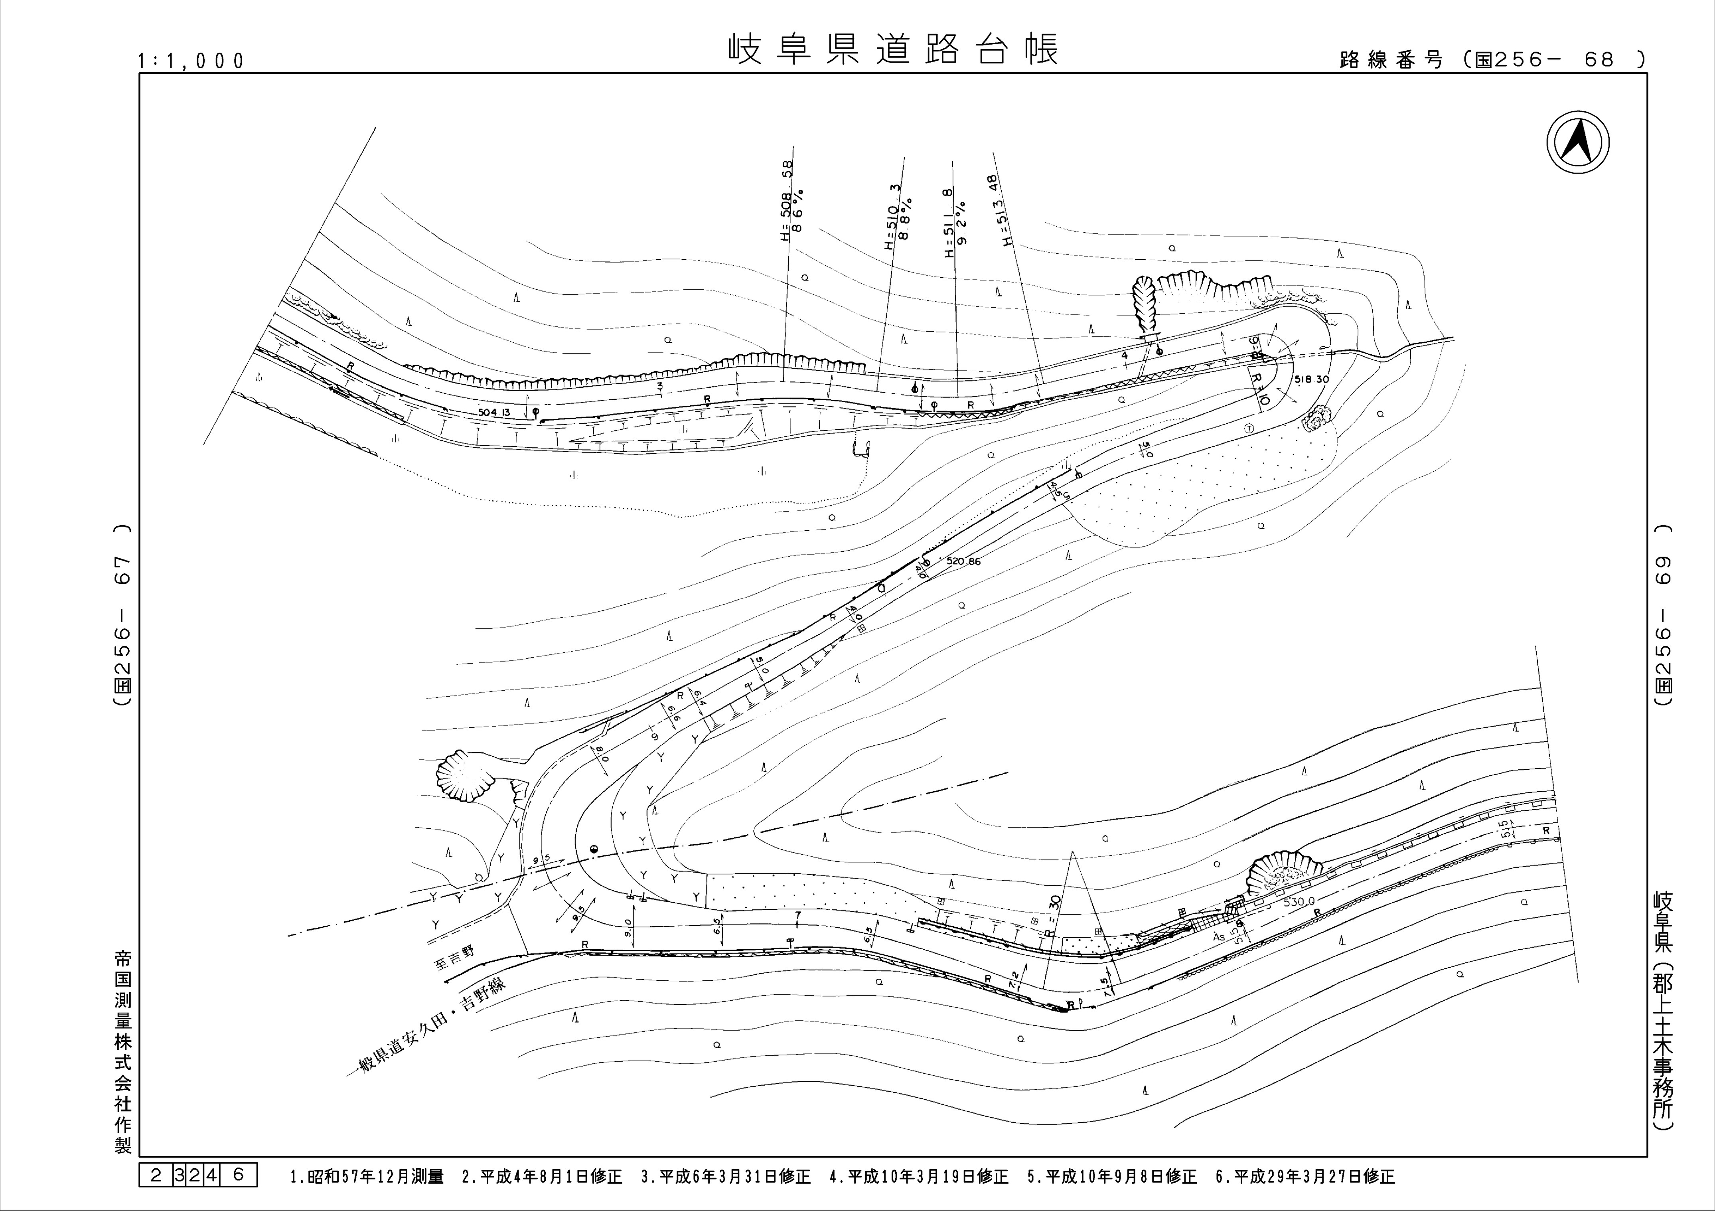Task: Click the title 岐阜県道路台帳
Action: pos(893,49)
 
